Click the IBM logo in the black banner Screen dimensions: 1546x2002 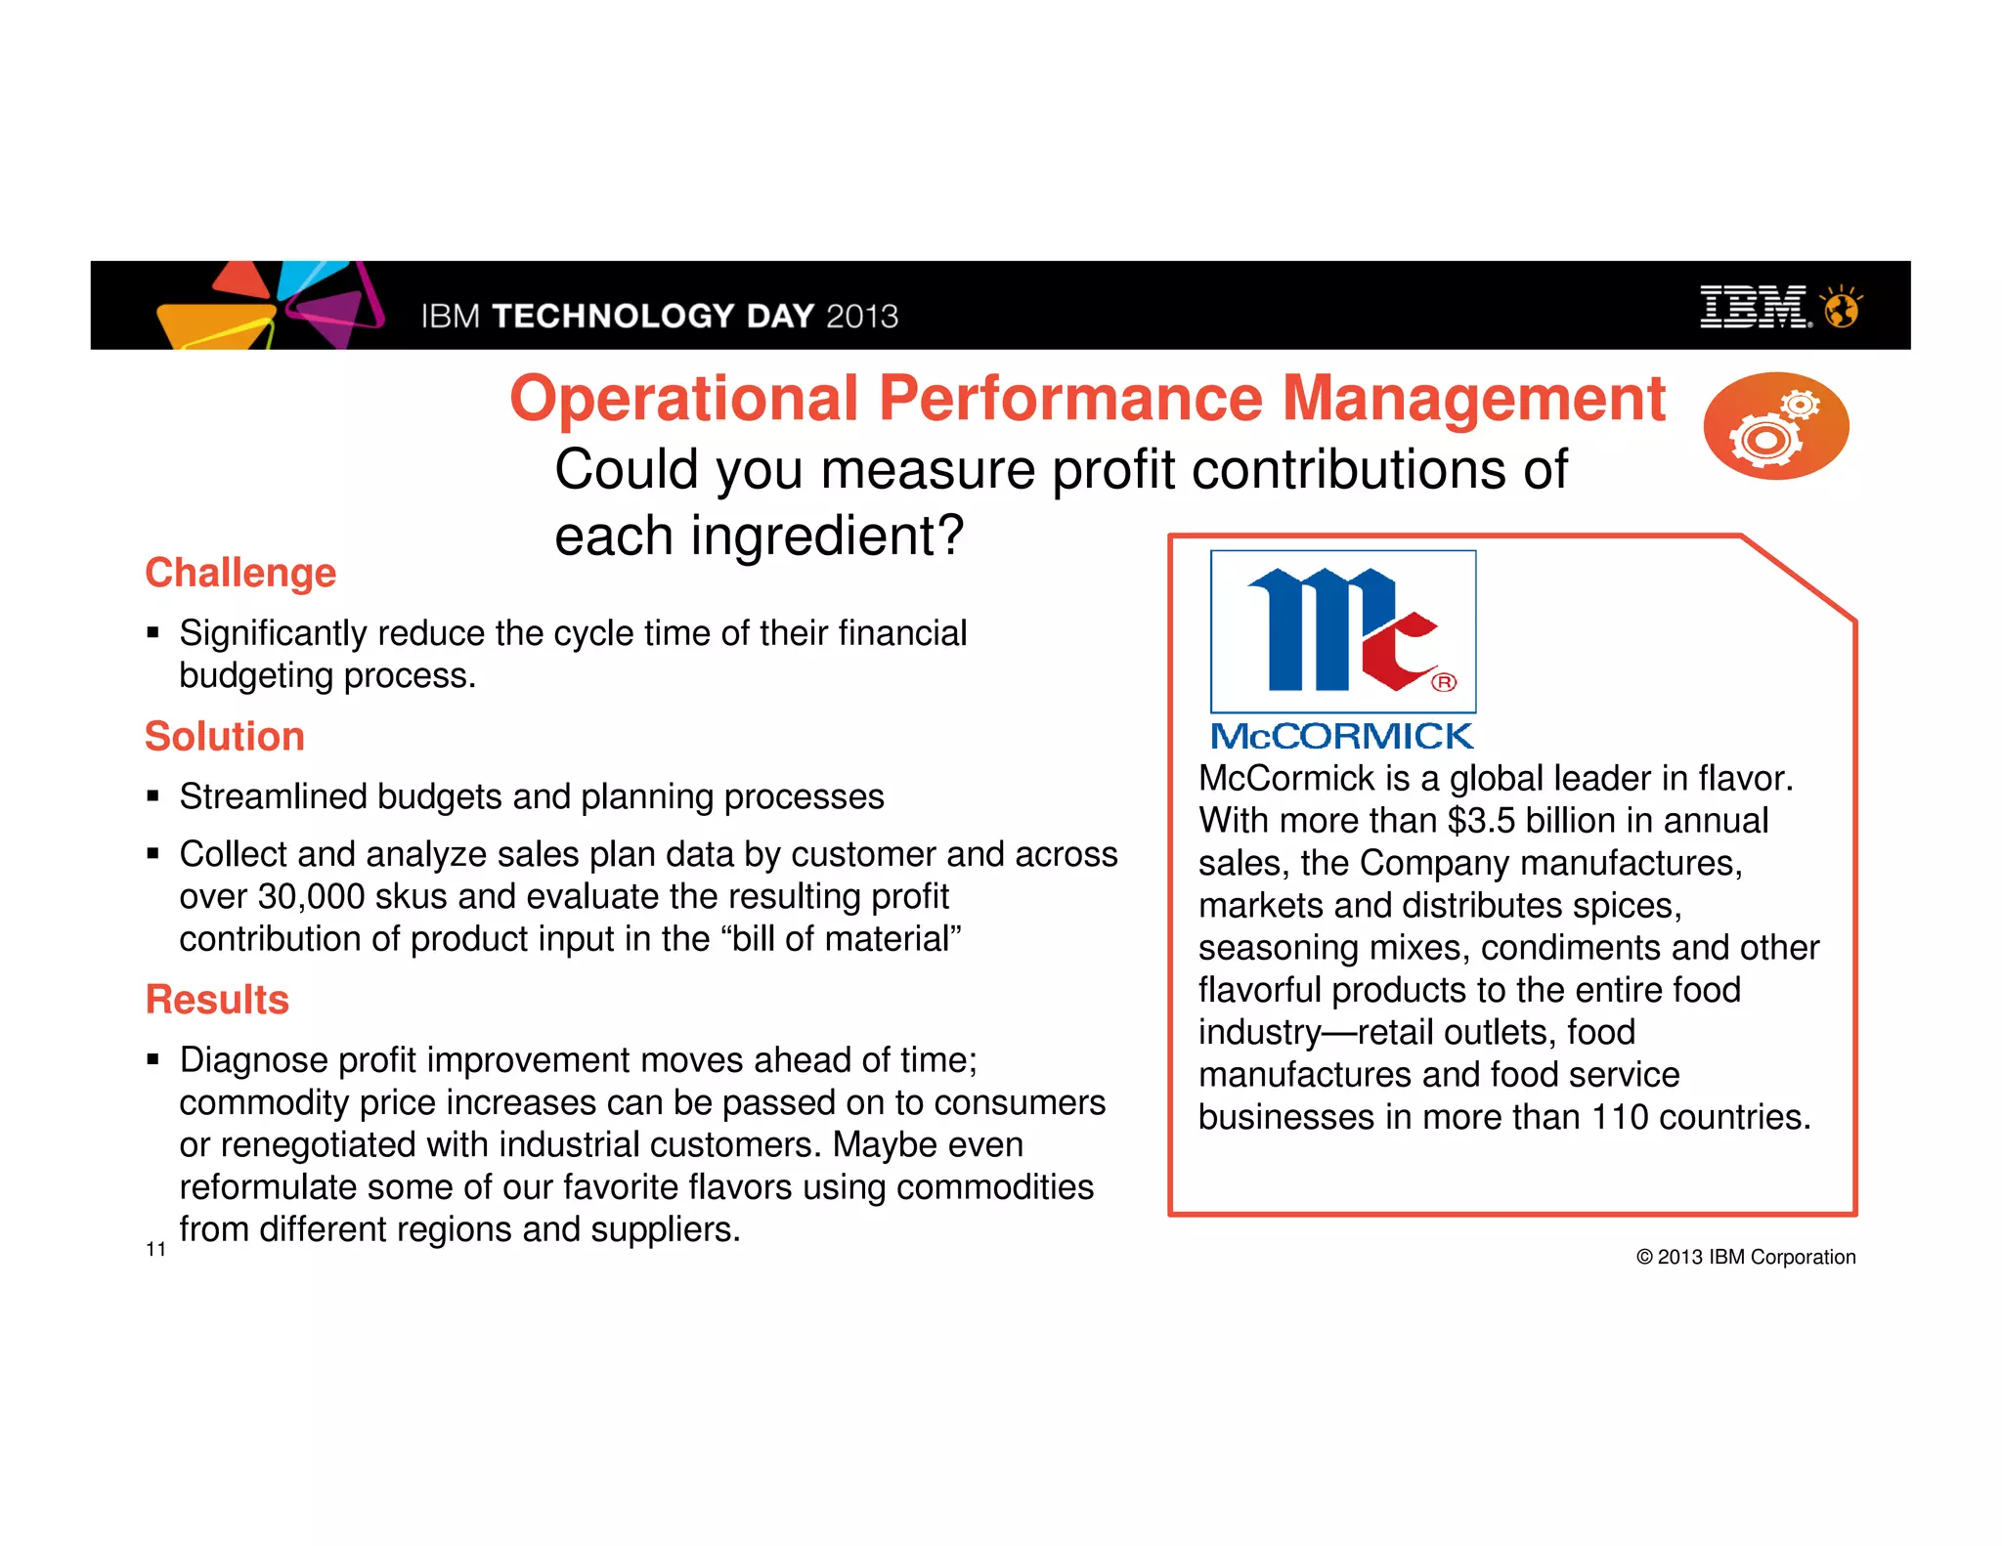pyautogui.click(x=1755, y=307)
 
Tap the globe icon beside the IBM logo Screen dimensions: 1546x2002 pyautogui.click(x=1842, y=308)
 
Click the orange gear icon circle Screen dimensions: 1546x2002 pyautogui.click(x=1775, y=426)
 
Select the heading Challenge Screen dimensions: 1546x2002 pyautogui.click(x=240, y=573)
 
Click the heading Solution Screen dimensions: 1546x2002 pyautogui.click(x=225, y=737)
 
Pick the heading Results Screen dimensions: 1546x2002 pyautogui.click(x=217, y=1000)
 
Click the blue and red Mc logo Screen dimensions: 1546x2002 pyautogui.click(x=1343, y=631)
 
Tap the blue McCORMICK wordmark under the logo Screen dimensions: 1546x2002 pyautogui.click(x=1341, y=736)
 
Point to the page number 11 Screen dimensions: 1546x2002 pyautogui.click(x=155, y=1249)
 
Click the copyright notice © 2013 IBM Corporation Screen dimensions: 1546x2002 pyautogui.click(x=1746, y=1257)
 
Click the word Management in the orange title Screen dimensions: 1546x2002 pyautogui.click(x=1473, y=399)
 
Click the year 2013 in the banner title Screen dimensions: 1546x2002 pyautogui.click(x=861, y=317)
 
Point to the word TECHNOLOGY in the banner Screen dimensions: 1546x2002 pyautogui.click(x=613, y=317)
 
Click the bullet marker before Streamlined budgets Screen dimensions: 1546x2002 pyautogui.click(x=153, y=796)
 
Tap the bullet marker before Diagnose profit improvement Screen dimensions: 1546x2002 pyautogui.click(x=153, y=1059)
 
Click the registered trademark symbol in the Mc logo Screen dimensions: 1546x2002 pyautogui.click(x=1444, y=682)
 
